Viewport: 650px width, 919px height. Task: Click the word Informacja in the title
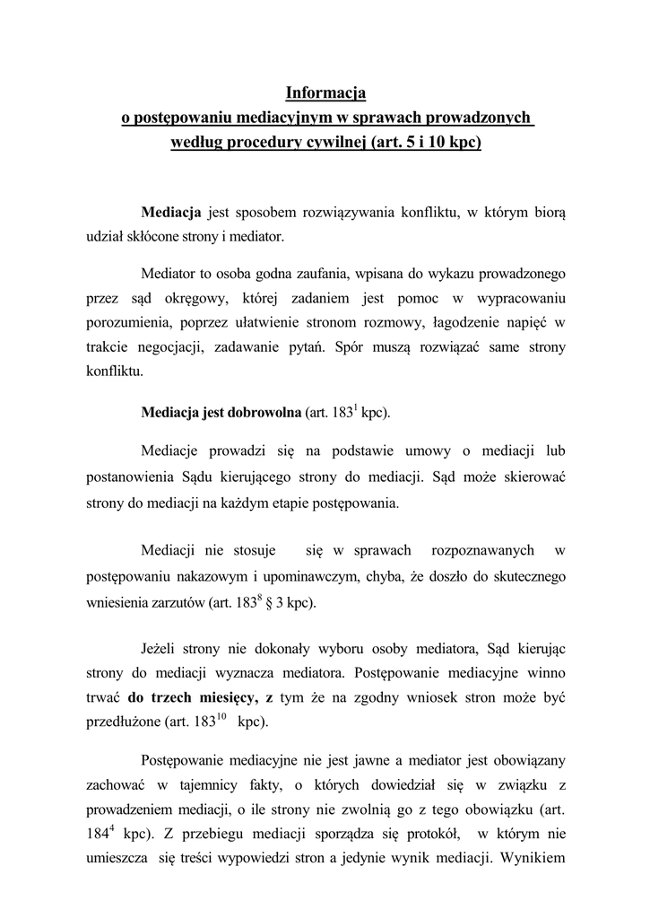[326, 92]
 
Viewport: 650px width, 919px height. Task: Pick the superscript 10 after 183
[220, 715]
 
